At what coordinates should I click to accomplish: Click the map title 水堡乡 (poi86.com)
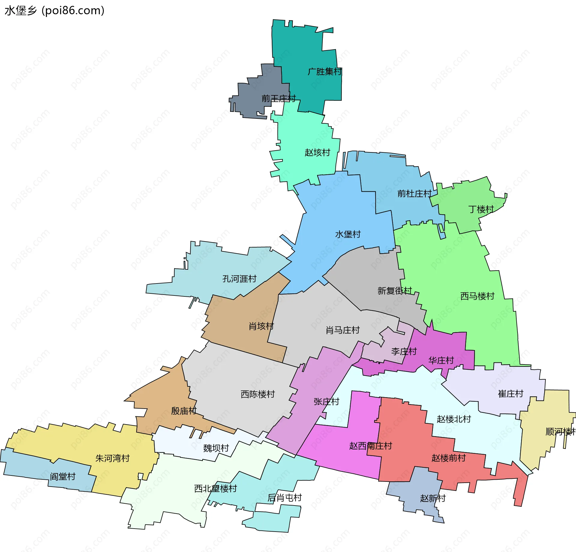[55, 10]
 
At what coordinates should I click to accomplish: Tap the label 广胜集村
[325, 72]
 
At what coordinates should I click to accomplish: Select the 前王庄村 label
[278, 98]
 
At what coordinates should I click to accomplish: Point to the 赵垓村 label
[317, 153]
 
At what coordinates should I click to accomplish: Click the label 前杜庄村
[414, 194]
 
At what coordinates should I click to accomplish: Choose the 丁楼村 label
[481, 209]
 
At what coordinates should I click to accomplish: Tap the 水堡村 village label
[348, 234]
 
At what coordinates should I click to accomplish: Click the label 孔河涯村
[239, 279]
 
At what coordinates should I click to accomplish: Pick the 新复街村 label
[394, 291]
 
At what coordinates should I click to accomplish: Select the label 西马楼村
[477, 296]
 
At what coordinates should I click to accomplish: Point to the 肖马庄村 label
[343, 330]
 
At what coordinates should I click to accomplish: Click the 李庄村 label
[404, 352]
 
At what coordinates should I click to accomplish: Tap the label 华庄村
[441, 360]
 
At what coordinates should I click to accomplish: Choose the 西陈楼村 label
[258, 394]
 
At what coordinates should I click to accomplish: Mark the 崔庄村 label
[511, 394]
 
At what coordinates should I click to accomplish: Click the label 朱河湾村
[112, 458]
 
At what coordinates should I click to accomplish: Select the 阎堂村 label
[62, 477]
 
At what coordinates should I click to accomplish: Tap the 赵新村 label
[433, 498]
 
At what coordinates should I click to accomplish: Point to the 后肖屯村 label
[284, 498]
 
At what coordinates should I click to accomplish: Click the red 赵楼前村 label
[448, 458]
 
